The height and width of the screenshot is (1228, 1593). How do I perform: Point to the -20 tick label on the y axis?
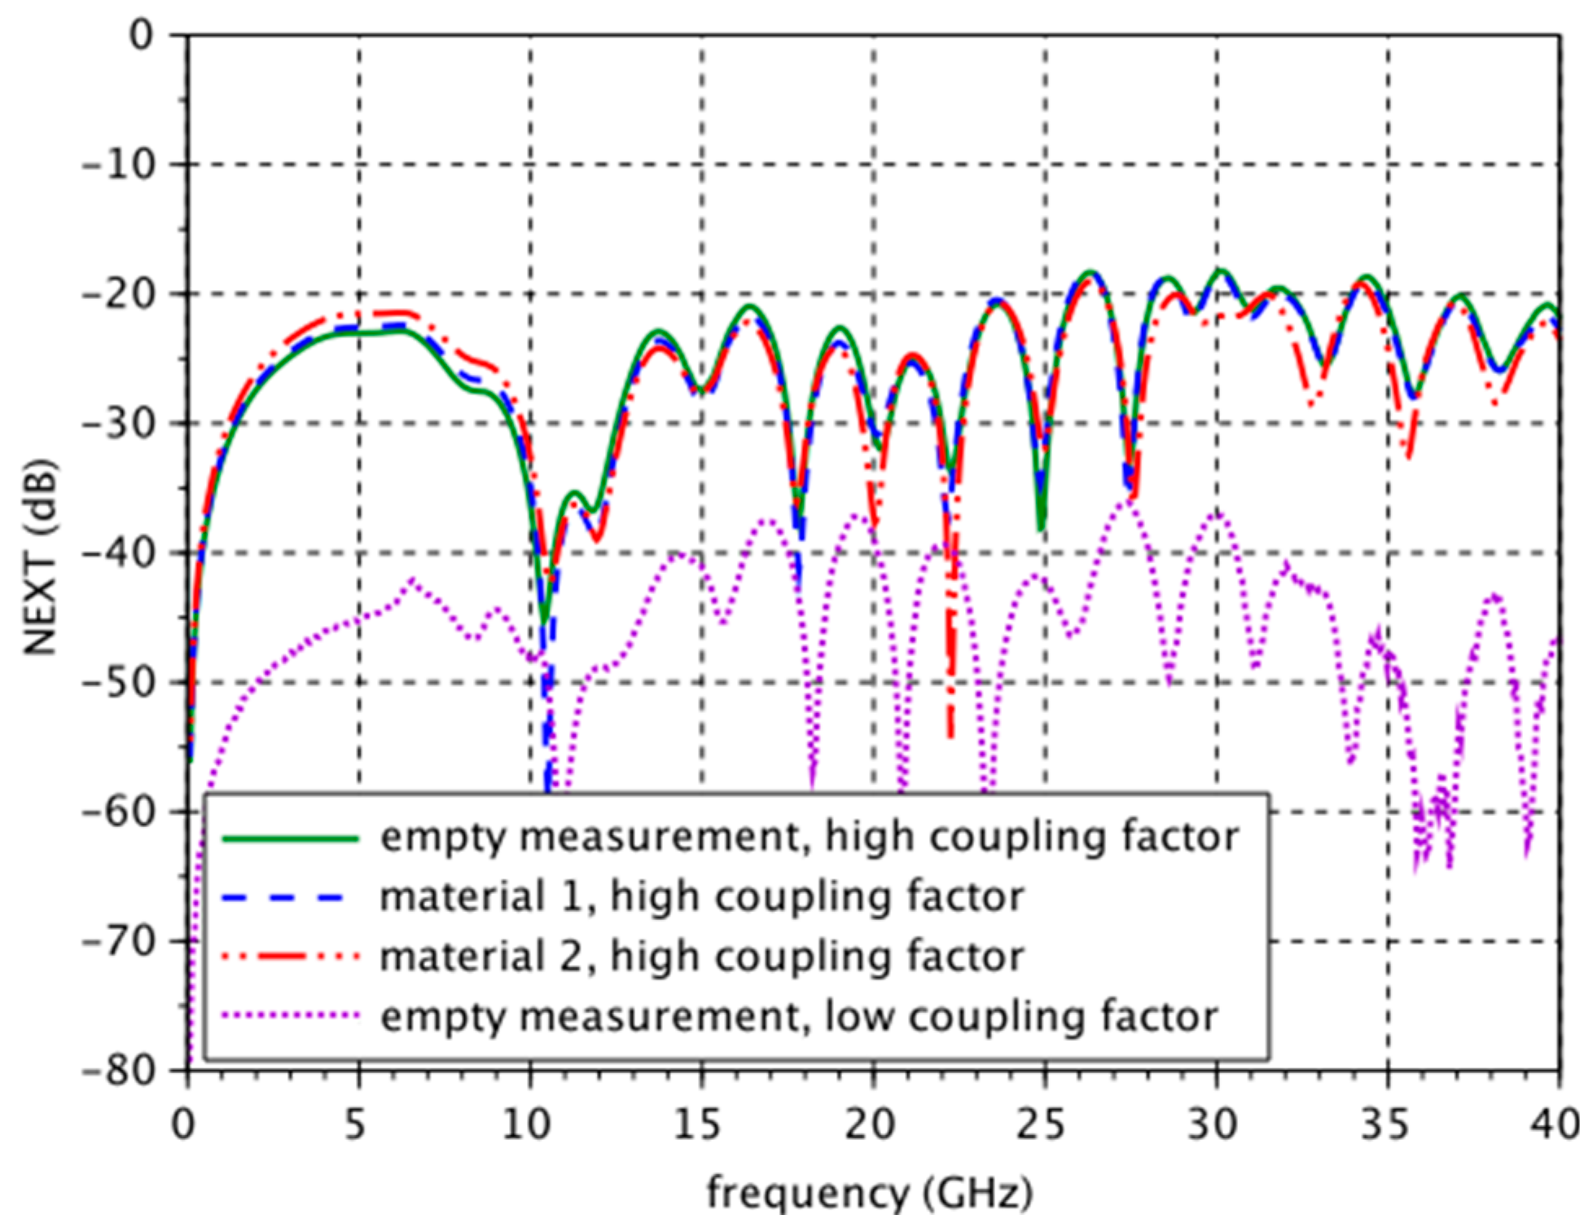[117, 294]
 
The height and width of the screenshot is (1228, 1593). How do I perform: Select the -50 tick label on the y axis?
[117, 683]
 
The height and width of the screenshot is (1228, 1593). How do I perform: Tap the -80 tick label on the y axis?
[117, 1071]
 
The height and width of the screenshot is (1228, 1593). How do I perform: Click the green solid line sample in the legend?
[290, 838]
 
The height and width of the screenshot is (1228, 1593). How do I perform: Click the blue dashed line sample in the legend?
[290, 898]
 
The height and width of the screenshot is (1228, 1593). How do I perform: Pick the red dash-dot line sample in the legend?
[290, 957]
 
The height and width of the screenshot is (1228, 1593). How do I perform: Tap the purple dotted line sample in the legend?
[290, 1016]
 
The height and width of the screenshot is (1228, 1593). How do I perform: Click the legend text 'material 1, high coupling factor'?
[702, 898]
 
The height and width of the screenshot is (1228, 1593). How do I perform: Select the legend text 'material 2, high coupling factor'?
[702, 957]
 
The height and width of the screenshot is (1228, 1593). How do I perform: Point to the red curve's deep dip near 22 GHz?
[950, 733]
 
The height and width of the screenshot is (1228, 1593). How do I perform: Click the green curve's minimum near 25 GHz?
[1041, 528]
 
